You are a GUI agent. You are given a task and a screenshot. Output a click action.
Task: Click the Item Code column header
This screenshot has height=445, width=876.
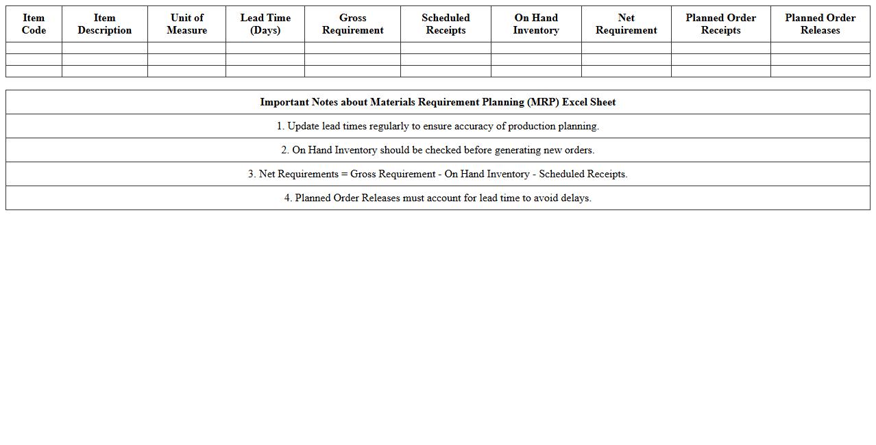point(34,24)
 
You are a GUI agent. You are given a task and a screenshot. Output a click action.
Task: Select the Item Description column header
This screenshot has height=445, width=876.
point(104,24)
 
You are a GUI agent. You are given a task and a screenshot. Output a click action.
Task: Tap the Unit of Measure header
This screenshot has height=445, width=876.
point(186,24)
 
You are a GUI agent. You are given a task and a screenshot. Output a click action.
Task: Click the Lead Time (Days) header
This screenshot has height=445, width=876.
point(265,24)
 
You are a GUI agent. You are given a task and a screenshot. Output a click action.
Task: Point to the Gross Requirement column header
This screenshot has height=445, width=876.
point(352,24)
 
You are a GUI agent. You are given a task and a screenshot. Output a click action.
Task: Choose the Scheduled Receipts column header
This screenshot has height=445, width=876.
point(446,24)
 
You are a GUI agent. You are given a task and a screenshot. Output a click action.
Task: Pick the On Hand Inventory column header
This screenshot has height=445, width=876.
point(536,24)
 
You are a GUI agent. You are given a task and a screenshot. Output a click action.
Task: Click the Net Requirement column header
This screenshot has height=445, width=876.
point(626,24)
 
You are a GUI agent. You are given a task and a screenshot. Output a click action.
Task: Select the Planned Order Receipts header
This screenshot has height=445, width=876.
point(720,24)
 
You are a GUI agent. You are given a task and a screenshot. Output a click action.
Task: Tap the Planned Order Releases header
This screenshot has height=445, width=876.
point(820,24)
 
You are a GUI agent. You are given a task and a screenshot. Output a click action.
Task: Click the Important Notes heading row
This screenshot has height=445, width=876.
point(437,102)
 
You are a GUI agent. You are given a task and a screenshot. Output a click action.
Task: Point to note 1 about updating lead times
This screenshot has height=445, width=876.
point(437,126)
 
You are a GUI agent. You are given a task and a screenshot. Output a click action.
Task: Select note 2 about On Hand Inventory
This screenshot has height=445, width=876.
point(437,150)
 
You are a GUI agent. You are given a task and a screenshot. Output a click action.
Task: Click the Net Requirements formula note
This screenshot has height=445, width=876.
point(437,174)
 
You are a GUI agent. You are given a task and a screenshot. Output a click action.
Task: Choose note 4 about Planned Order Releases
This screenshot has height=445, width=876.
point(437,198)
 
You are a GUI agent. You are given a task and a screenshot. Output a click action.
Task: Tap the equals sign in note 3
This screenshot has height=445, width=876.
point(344,174)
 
